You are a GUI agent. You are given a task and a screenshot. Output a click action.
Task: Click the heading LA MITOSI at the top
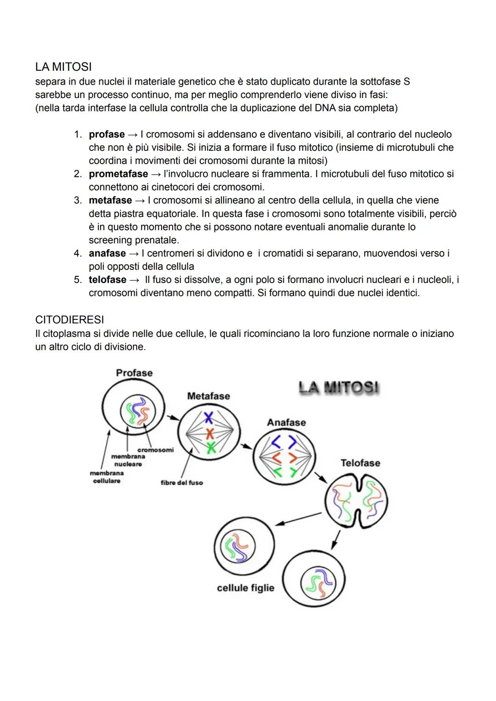coord(63,67)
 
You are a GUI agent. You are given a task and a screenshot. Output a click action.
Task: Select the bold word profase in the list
coord(107,135)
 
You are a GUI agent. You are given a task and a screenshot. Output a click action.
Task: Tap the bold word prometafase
coord(118,174)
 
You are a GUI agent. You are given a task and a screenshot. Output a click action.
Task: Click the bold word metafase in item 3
coord(110,200)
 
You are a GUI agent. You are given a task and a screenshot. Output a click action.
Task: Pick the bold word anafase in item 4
coord(107,253)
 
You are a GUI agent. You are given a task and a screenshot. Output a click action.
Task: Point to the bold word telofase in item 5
coord(107,280)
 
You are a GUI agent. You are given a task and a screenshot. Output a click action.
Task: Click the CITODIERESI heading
coord(69,319)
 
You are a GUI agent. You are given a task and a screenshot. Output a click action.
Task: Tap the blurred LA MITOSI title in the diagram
coord(339,388)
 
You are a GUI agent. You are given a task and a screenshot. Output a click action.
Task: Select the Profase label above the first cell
coord(134,373)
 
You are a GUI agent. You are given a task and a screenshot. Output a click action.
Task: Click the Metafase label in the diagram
coord(209,396)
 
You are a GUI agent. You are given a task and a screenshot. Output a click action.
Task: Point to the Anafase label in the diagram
coord(286,422)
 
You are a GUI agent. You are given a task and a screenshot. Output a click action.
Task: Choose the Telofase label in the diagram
coord(360,463)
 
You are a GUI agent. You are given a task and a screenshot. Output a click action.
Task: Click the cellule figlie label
coord(245,588)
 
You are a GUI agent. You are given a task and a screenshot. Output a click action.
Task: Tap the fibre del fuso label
coord(181,483)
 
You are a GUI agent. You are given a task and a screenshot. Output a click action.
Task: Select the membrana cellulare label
coord(107,477)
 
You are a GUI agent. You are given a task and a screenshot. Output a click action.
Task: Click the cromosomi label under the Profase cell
coord(155,450)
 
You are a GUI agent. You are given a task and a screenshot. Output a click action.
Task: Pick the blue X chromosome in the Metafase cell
coord(209,418)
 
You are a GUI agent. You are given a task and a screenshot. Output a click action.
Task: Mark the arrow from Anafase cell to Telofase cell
coord(320,478)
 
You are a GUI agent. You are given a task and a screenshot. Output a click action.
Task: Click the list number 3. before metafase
coord(78,200)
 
